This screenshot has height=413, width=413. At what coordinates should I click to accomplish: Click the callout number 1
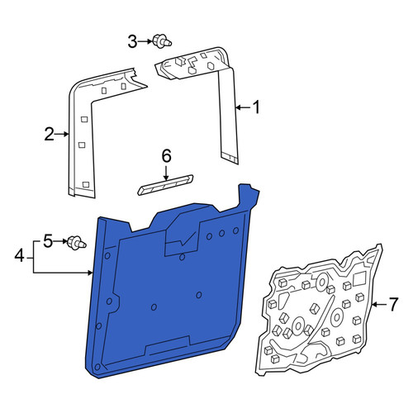point(256,107)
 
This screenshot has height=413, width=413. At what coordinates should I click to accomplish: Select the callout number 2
point(50,135)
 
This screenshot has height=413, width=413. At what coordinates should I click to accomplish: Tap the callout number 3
point(132,42)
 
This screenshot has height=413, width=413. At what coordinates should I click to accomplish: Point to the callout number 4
point(20,257)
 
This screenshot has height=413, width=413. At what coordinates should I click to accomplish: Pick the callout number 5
point(48,241)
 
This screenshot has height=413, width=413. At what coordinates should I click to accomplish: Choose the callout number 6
point(166,156)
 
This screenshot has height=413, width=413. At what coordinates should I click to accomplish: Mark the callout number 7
point(393,305)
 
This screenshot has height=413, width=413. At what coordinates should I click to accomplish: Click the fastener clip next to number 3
point(162,41)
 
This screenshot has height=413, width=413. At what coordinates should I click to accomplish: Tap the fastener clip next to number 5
point(77,243)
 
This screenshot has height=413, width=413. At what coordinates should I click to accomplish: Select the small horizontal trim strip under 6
point(165,185)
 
